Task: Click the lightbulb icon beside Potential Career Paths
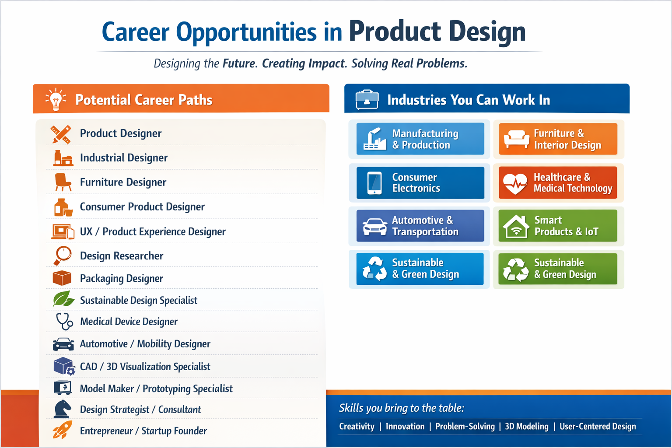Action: click(x=56, y=99)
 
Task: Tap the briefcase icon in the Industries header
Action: click(x=367, y=99)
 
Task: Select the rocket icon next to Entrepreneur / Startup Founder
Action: click(x=63, y=430)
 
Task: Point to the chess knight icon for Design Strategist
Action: click(x=63, y=409)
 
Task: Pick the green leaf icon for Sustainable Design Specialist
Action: click(x=63, y=299)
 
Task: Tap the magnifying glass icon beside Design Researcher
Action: click(x=63, y=255)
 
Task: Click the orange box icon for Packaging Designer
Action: click(x=62, y=278)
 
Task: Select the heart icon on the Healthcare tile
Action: click(x=515, y=183)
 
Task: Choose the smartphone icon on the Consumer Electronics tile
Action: click(x=374, y=183)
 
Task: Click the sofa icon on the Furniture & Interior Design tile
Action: click(x=516, y=139)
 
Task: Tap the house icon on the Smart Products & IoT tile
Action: click(x=516, y=227)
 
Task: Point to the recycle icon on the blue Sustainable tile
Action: click(x=374, y=269)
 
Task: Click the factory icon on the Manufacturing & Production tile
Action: click(x=374, y=139)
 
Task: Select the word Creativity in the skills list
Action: click(x=357, y=427)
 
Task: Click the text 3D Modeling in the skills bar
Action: click(x=526, y=427)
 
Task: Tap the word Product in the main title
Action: click(x=395, y=31)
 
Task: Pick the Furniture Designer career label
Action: click(x=123, y=182)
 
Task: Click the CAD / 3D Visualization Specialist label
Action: click(x=145, y=366)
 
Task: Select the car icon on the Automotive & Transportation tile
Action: click(x=374, y=227)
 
